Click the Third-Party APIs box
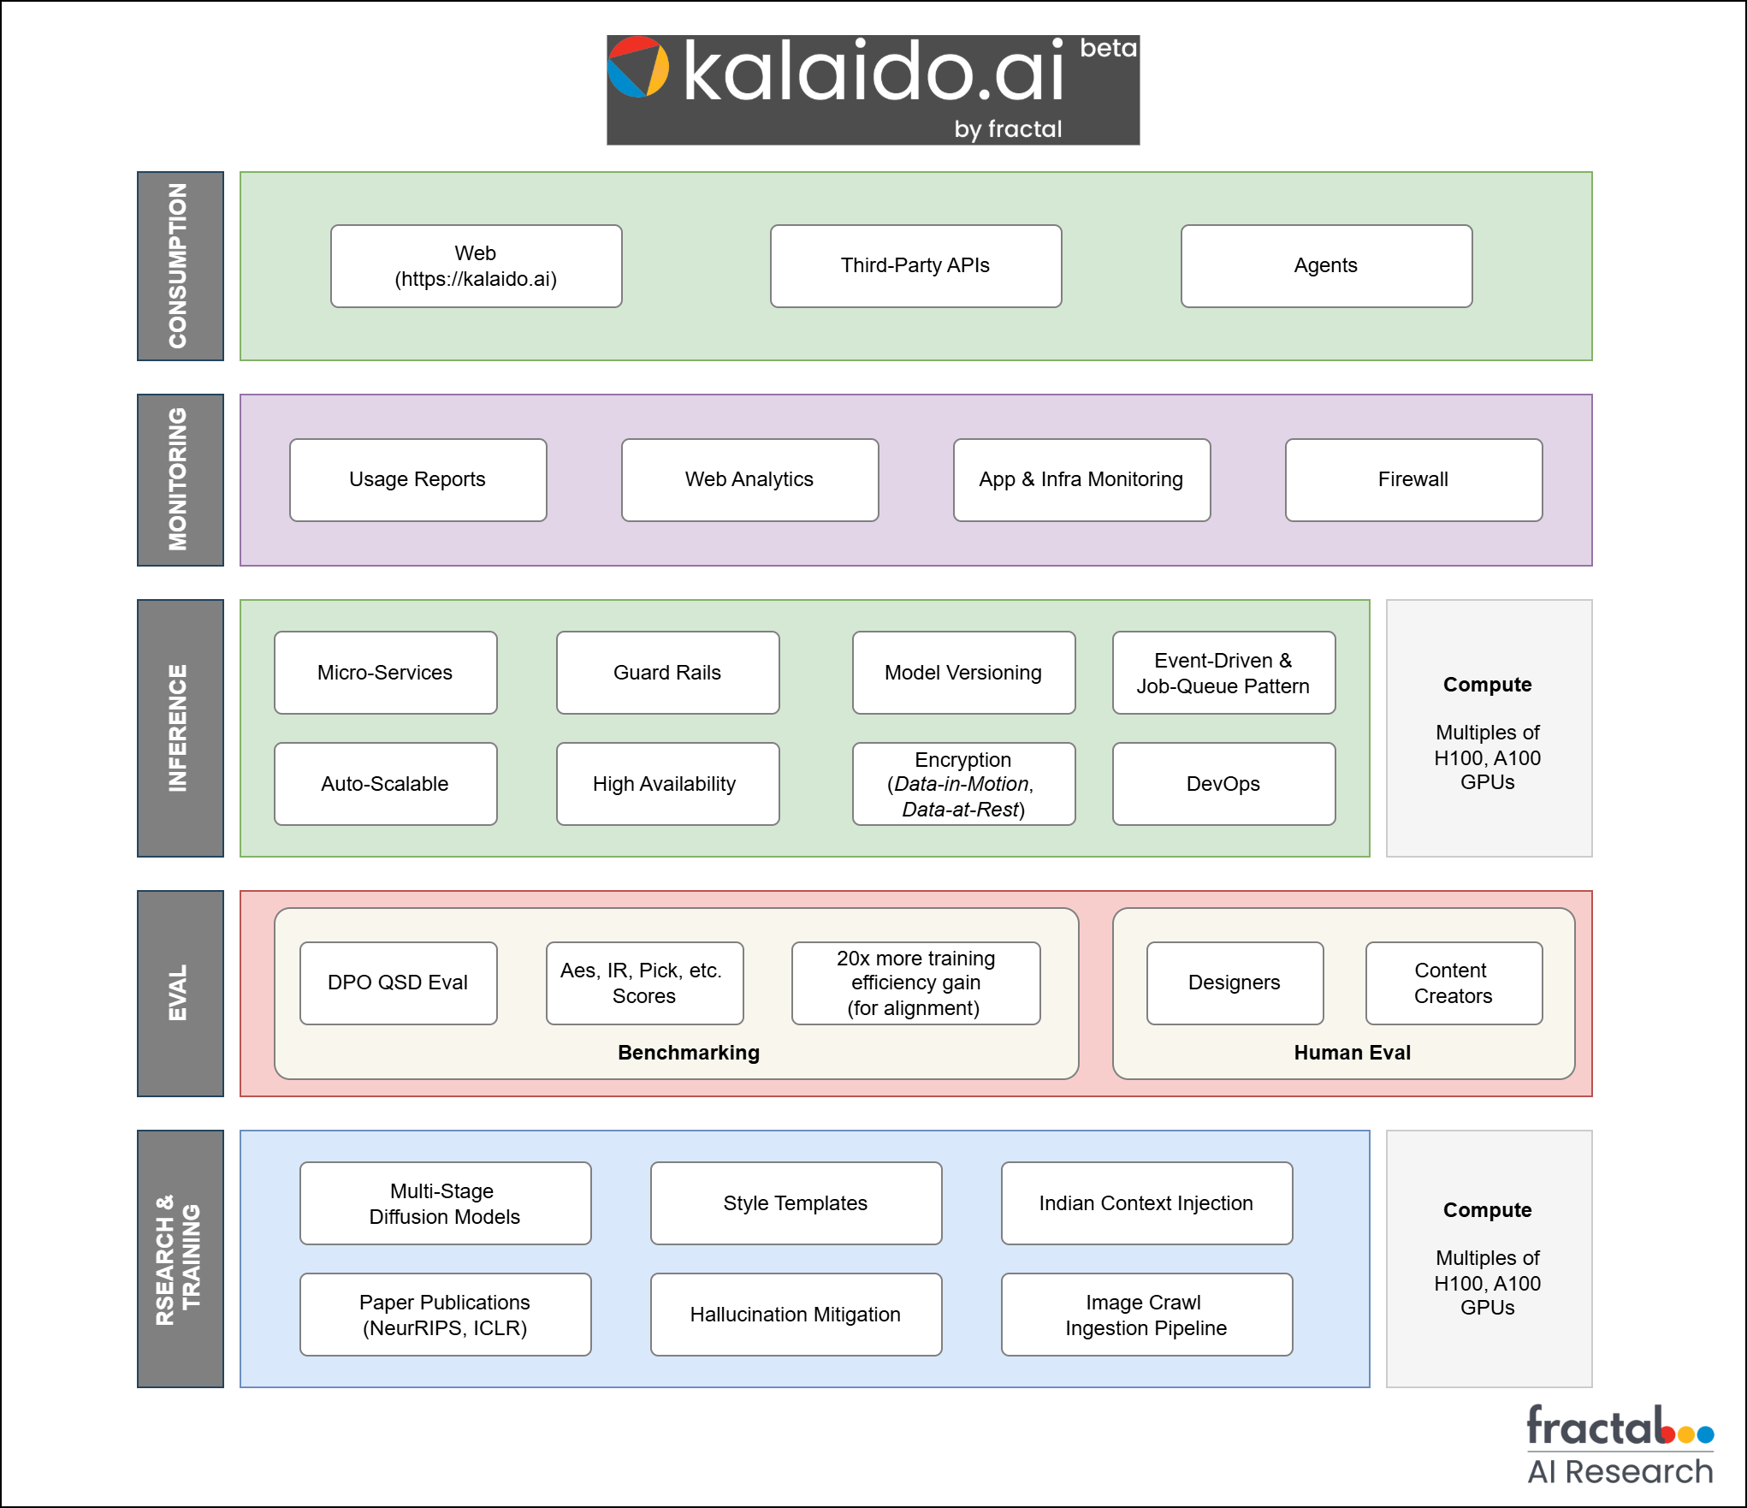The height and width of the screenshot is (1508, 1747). (x=915, y=265)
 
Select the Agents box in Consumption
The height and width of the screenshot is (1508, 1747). (x=1326, y=265)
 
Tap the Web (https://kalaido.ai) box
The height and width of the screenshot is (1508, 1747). (x=476, y=265)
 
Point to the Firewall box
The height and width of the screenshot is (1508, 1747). (x=1413, y=479)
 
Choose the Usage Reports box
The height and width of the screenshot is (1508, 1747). (x=418, y=479)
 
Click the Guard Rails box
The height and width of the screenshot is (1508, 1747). (x=667, y=673)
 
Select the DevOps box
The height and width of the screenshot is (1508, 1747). (x=1223, y=784)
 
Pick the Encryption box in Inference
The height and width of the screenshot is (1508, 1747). (x=963, y=784)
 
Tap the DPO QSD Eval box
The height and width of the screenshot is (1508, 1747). (x=398, y=983)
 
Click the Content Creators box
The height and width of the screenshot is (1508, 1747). (x=1454, y=983)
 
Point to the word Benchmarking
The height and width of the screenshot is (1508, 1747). (x=689, y=1053)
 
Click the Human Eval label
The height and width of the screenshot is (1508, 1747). (x=1352, y=1053)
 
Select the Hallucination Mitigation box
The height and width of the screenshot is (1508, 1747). (x=796, y=1315)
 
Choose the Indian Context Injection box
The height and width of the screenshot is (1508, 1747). (x=1146, y=1203)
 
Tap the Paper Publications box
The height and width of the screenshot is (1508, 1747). (x=445, y=1315)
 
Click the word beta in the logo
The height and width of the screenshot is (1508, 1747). (x=1108, y=49)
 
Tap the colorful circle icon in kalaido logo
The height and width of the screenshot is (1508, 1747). (x=638, y=67)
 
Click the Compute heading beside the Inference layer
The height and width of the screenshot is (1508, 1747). (x=1487, y=685)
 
